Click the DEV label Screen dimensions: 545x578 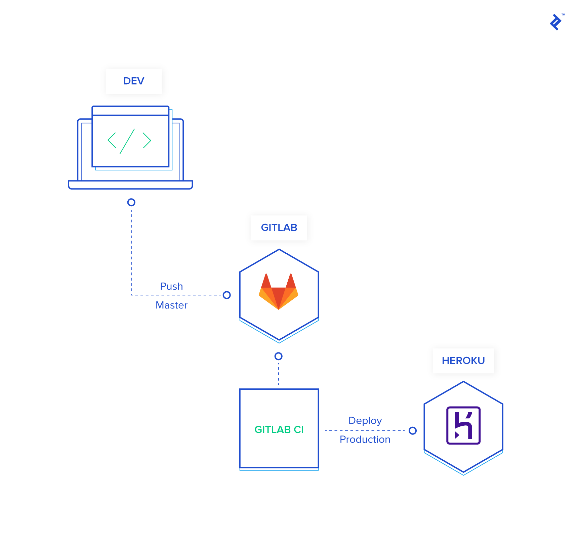pos(134,81)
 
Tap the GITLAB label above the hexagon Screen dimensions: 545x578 pos(279,228)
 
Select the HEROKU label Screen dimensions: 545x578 pos(463,361)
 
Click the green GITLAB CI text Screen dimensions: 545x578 pos(279,430)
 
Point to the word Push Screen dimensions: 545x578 pos(171,286)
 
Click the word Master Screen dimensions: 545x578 pos(171,305)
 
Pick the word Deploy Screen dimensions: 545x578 pos(365,421)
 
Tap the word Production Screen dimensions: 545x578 pos(365,439)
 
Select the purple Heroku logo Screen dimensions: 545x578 pos(463,426)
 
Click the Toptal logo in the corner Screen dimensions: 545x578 pos(556,22)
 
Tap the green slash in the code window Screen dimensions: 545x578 pos(127,141)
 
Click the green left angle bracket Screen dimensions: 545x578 pos(112,140)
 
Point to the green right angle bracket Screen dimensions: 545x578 pos(147,140)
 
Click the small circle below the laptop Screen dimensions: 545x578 pos(131,202)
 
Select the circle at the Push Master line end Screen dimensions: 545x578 pos(227,295)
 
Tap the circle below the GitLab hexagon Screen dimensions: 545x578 pos(279,356)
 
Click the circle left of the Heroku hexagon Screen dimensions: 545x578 pos(413,431)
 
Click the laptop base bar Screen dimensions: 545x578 pos(130,185)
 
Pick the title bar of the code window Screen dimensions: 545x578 pos(130,111)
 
